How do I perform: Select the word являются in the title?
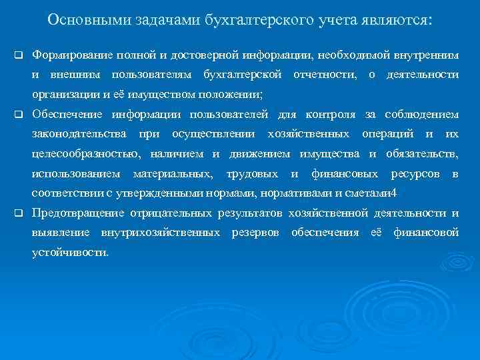[399, 21]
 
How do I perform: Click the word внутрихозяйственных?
[161, 233]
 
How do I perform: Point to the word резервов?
[257, 233]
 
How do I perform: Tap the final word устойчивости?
[71, 254]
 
